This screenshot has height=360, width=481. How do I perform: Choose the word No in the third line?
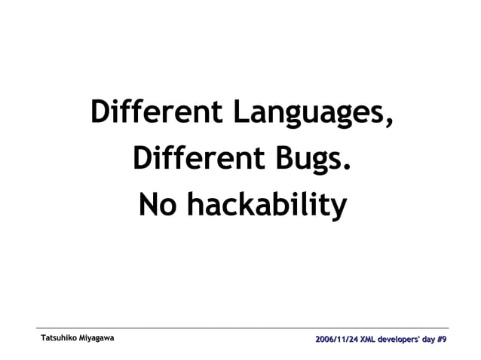[157, 203]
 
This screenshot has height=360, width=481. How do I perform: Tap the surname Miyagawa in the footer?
[97, 340]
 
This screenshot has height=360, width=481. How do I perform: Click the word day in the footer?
[430, 340]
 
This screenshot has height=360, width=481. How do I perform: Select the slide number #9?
[444, 340]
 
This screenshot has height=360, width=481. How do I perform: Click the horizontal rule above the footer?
[241, 328]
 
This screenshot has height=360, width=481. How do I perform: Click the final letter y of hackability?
[339, 207]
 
